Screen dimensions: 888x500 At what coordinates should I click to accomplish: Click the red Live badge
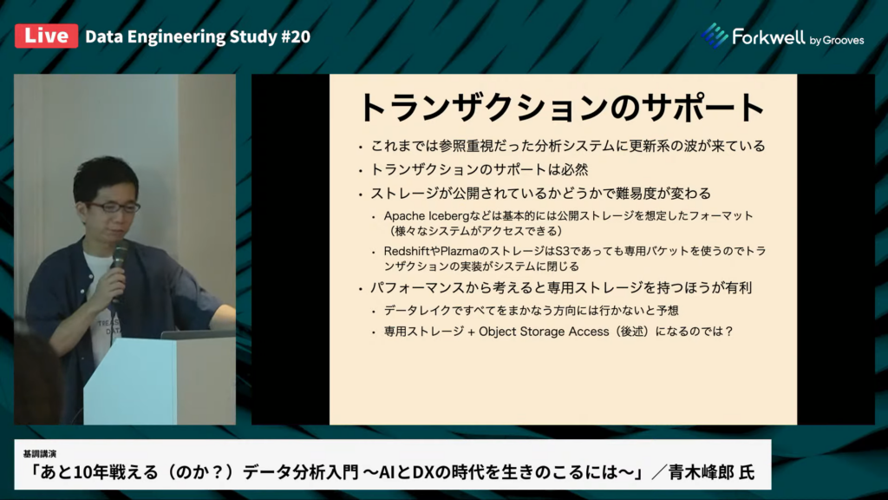click(x=47, y=36)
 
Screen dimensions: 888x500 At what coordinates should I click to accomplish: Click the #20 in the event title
click(x=296, y=36)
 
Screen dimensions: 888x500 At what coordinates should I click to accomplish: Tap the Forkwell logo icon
click(x=715, y=36)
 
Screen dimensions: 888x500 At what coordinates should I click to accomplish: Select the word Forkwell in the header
click(x=768, y=36)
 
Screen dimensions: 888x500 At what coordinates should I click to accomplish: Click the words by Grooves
click(x=837, y=40)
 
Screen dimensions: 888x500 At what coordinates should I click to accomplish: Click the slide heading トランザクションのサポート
click(x=562, y=107)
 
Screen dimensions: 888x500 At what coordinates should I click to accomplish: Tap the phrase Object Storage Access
click(x=544, y=332)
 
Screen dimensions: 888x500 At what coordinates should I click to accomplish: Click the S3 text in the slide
click(x=562, y=251)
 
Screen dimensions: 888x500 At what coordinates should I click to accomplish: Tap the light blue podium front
click(x=130, y=381)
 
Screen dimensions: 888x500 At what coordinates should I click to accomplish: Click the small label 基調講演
click(x=40, y=453)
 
